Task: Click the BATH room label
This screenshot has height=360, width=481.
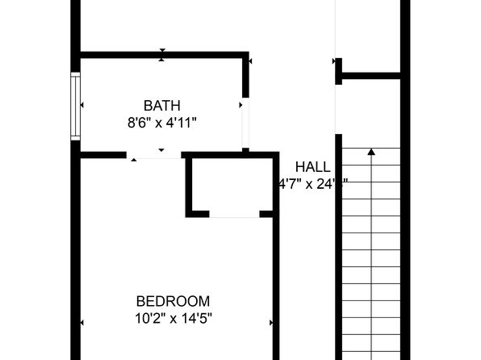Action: pyautogui.click(x=161, y=105)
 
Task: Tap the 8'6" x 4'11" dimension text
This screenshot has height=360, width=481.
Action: pyautogui.click(x=161, y=123)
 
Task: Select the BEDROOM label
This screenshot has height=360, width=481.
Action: pyautogui.click(x=173, y=299)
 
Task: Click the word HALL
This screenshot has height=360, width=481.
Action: pyautogui.click(x=312, y=167)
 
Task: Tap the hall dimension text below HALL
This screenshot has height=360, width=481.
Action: pyautogui.click(x=312, y=184)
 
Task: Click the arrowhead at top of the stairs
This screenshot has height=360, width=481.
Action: pyautogui.click(x=371, y=151)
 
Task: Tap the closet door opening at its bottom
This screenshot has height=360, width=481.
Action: pyautogui.click(x=234, y=215)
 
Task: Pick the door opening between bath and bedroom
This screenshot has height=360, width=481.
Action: pyautogui.click(x=157, y=154)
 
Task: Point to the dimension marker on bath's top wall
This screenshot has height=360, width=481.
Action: pyautogui.click(x=162, y=55)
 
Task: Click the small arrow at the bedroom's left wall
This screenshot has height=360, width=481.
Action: pyautogui.click(x=82, y=323)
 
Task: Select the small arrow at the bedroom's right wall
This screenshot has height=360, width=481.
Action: pyautogui.click(x=271, y=323)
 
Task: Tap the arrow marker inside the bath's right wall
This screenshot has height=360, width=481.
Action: pyautogui.click(x=240, y=105)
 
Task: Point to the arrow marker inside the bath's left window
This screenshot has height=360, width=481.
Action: pyautogui.click(x=82, y=105)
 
